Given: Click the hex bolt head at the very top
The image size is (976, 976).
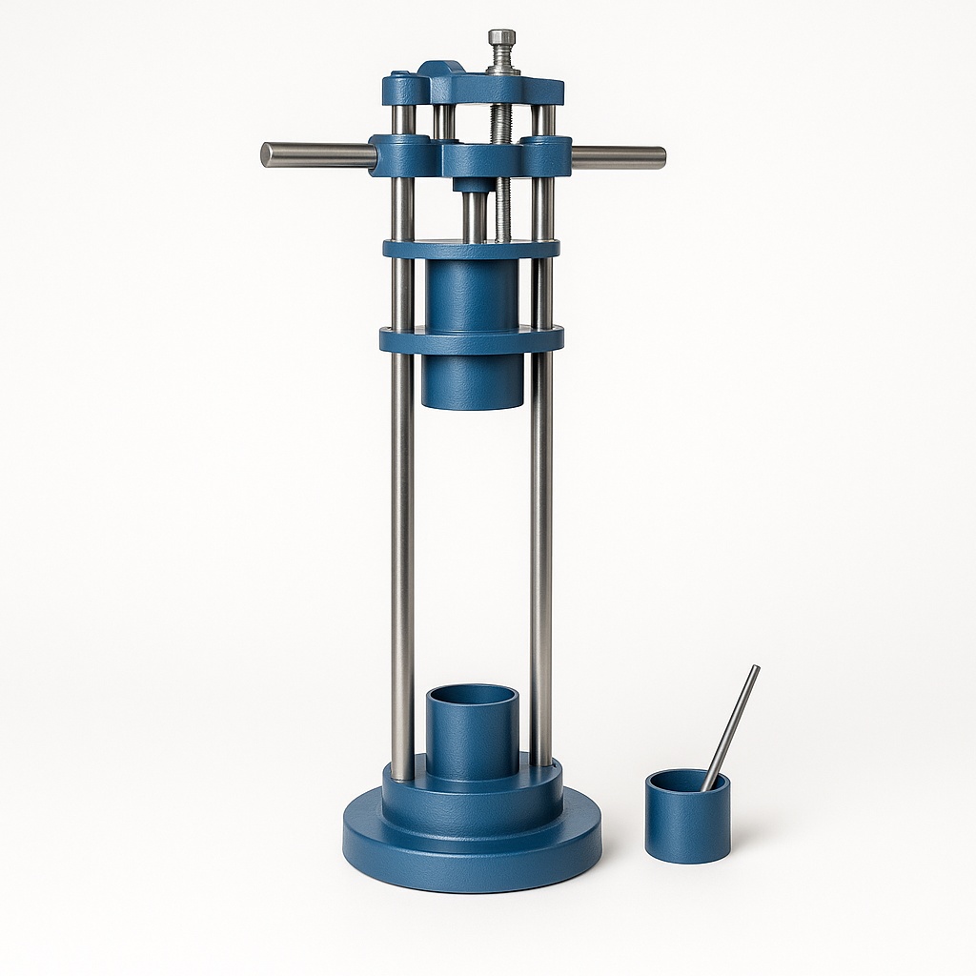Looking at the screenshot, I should click(501, 39).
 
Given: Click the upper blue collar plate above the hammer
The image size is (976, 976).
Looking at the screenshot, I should click(471, 249).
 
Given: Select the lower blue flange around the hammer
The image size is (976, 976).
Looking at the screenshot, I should click(471, 339).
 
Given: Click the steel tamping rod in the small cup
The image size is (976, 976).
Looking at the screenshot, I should click(732, 724).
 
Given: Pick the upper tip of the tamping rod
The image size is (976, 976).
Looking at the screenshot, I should click(755, 669).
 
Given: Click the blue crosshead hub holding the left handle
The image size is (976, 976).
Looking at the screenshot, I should click(400, 155).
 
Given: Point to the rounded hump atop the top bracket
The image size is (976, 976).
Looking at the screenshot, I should click(440, 70).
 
